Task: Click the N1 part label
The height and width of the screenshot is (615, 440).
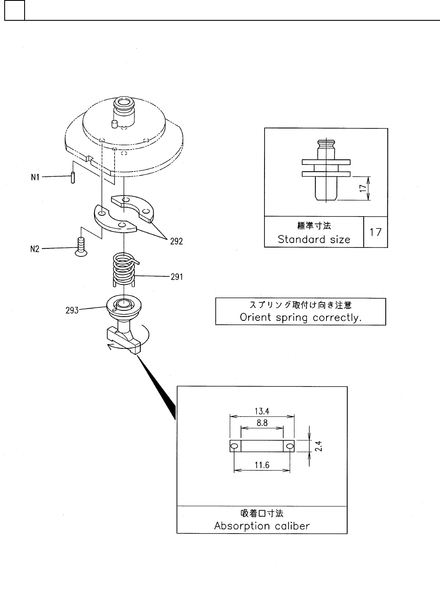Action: point(35,177)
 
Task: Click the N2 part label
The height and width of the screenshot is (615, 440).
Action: point(35,249)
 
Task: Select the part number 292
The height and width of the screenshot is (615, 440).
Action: point(176,241)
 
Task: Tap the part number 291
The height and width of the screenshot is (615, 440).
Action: point(176,277)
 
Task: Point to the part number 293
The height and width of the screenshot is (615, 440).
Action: point(72,310)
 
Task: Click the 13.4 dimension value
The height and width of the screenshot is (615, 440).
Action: point(262,411)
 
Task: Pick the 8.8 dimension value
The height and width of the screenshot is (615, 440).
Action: point(262,423)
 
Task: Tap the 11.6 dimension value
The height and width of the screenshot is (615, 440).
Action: point(262,465)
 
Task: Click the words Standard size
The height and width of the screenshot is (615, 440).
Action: point(314,239)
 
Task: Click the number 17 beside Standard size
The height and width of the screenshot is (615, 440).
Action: point(376,232)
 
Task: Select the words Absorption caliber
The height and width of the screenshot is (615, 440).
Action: point(262,526)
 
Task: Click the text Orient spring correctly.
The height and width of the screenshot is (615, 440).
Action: point(301,317)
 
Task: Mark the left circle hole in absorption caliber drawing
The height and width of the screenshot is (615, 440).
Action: point(234,446)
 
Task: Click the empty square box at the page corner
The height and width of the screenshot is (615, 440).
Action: point(14,11)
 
